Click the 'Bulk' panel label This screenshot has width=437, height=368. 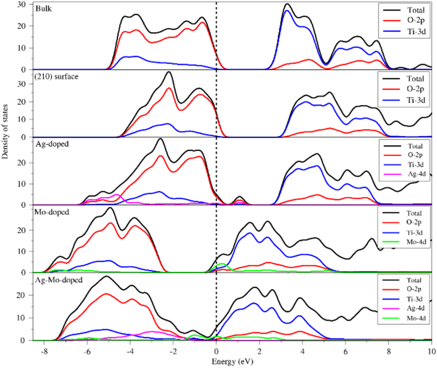(x=44, y=9)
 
